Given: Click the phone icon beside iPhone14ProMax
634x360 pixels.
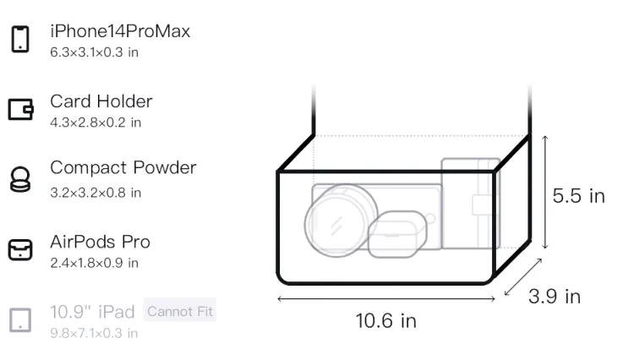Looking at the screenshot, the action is pos(20,39).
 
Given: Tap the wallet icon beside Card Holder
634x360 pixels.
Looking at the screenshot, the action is pos(20,109).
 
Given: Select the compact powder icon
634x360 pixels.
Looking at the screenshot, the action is pos(20,179).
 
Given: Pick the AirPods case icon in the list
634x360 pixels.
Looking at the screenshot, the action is pos(20,249).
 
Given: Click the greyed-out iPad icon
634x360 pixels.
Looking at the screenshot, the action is pos(20,320).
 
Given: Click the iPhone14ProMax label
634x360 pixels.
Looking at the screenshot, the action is pos(120,31).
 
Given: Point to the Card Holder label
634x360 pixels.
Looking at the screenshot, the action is pos(101,101).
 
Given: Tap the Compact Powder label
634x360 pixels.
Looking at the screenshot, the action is pos(123,167).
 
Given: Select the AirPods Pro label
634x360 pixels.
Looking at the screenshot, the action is pos(101,242).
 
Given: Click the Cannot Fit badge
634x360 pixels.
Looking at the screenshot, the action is pos(180,311).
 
